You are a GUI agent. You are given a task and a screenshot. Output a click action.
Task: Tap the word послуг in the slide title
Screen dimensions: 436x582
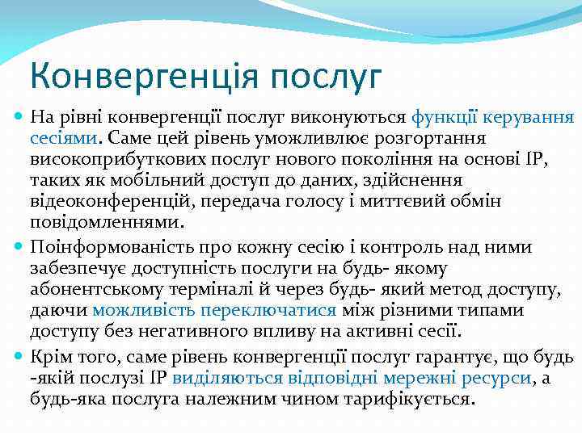327,77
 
